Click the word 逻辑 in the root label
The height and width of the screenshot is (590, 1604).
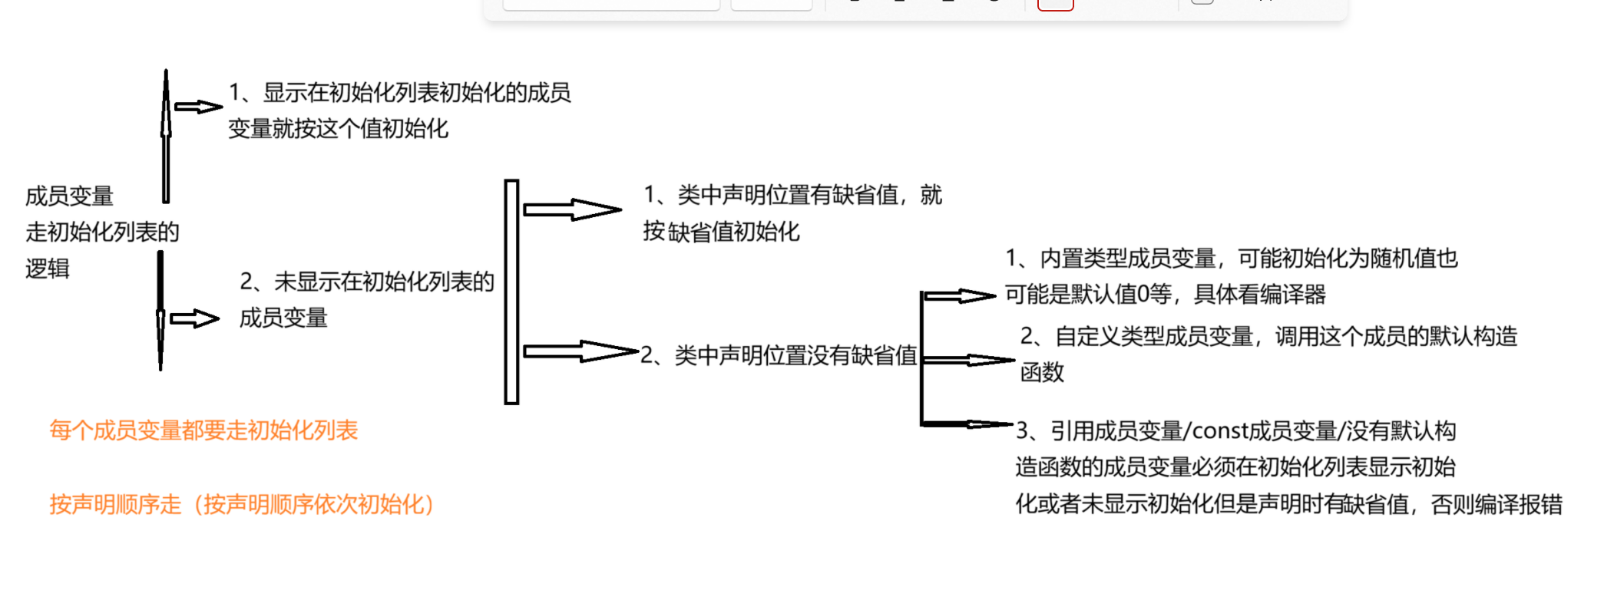click(x=48, y=269)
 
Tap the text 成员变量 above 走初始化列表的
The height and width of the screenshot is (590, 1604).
click(x=69, y=196)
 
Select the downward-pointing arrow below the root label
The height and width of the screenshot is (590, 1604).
click(x=160, y=311)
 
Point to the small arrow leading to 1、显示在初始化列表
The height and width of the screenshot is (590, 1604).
click(x=197, y=107)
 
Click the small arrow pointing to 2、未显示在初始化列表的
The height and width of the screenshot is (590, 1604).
click(x=194, y=318)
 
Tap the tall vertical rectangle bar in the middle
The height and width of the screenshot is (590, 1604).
click(x=511, y=292)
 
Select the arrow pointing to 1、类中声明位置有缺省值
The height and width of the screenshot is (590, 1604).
click(x=571, y=209)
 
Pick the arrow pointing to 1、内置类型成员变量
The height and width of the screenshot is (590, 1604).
click(x=960, y=295)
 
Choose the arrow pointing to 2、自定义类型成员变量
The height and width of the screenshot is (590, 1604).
click(x=969, y=359)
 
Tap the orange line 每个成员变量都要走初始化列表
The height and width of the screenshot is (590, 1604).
click(x=203, y=430)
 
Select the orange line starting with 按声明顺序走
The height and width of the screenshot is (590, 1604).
click(x=242, y=504)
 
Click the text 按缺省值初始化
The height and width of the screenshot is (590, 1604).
click(x=721, y=232)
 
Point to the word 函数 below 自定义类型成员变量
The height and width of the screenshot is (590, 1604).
click(x=1042, y=372)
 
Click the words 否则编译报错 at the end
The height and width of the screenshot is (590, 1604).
click(x=1497, y=504)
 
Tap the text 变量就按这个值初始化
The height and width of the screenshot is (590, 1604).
click(x=338, y=129)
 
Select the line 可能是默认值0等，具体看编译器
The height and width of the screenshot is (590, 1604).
click(x=1165, y=295)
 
